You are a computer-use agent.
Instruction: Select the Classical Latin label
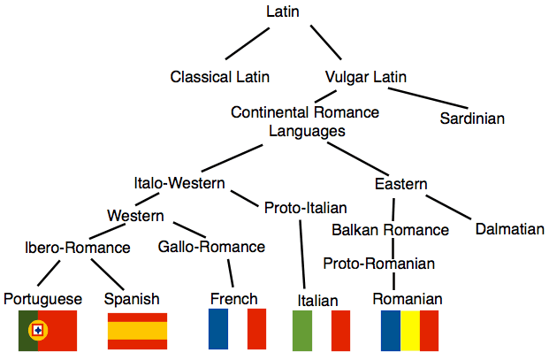[x=220, y=77]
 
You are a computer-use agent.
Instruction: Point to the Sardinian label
[x=472, y=118]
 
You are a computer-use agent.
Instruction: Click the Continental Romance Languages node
[x=305, y=121]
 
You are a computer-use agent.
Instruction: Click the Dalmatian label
[x=509, y=229]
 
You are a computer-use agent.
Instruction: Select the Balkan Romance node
[x=390, y=230]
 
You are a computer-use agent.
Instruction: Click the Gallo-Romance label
[x=211, y=247]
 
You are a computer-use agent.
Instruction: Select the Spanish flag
[x=137, y=330]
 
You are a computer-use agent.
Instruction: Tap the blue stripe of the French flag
[x=217, y=329]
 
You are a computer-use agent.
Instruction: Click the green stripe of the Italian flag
[x=301, y=330]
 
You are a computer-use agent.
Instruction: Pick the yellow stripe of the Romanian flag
[x=409, y=330]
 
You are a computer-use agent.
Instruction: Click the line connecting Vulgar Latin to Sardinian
[x=434, y=96]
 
